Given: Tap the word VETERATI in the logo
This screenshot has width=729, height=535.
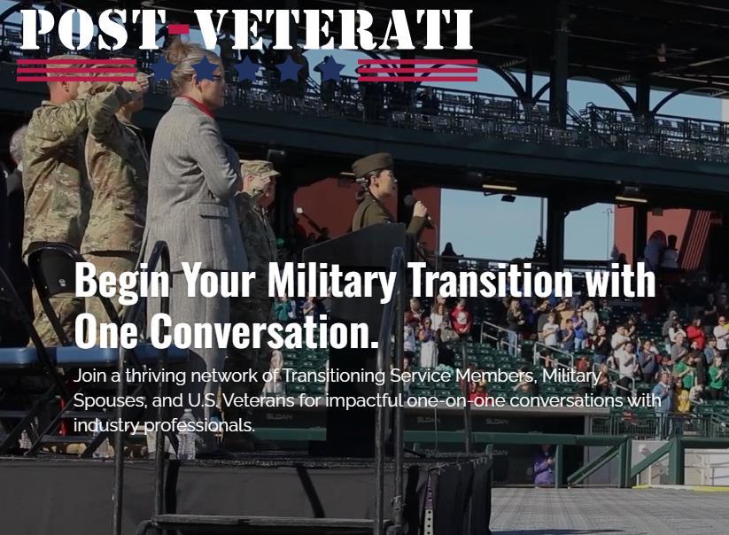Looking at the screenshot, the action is [333, 29].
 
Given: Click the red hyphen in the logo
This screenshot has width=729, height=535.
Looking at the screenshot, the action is [178, 30].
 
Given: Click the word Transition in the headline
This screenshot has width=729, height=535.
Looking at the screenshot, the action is [492, 279].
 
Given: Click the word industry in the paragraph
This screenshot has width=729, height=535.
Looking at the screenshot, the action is [105, 425].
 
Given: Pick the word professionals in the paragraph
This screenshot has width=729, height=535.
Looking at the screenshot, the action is [199, 425].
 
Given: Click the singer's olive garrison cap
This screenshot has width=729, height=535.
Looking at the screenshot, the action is [372, 165].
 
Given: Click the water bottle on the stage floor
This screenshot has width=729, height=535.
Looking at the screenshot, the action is [188, 434].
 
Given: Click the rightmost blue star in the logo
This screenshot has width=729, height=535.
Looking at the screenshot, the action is [330, 69].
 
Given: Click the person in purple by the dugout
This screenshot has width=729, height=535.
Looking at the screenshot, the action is [544, 465].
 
